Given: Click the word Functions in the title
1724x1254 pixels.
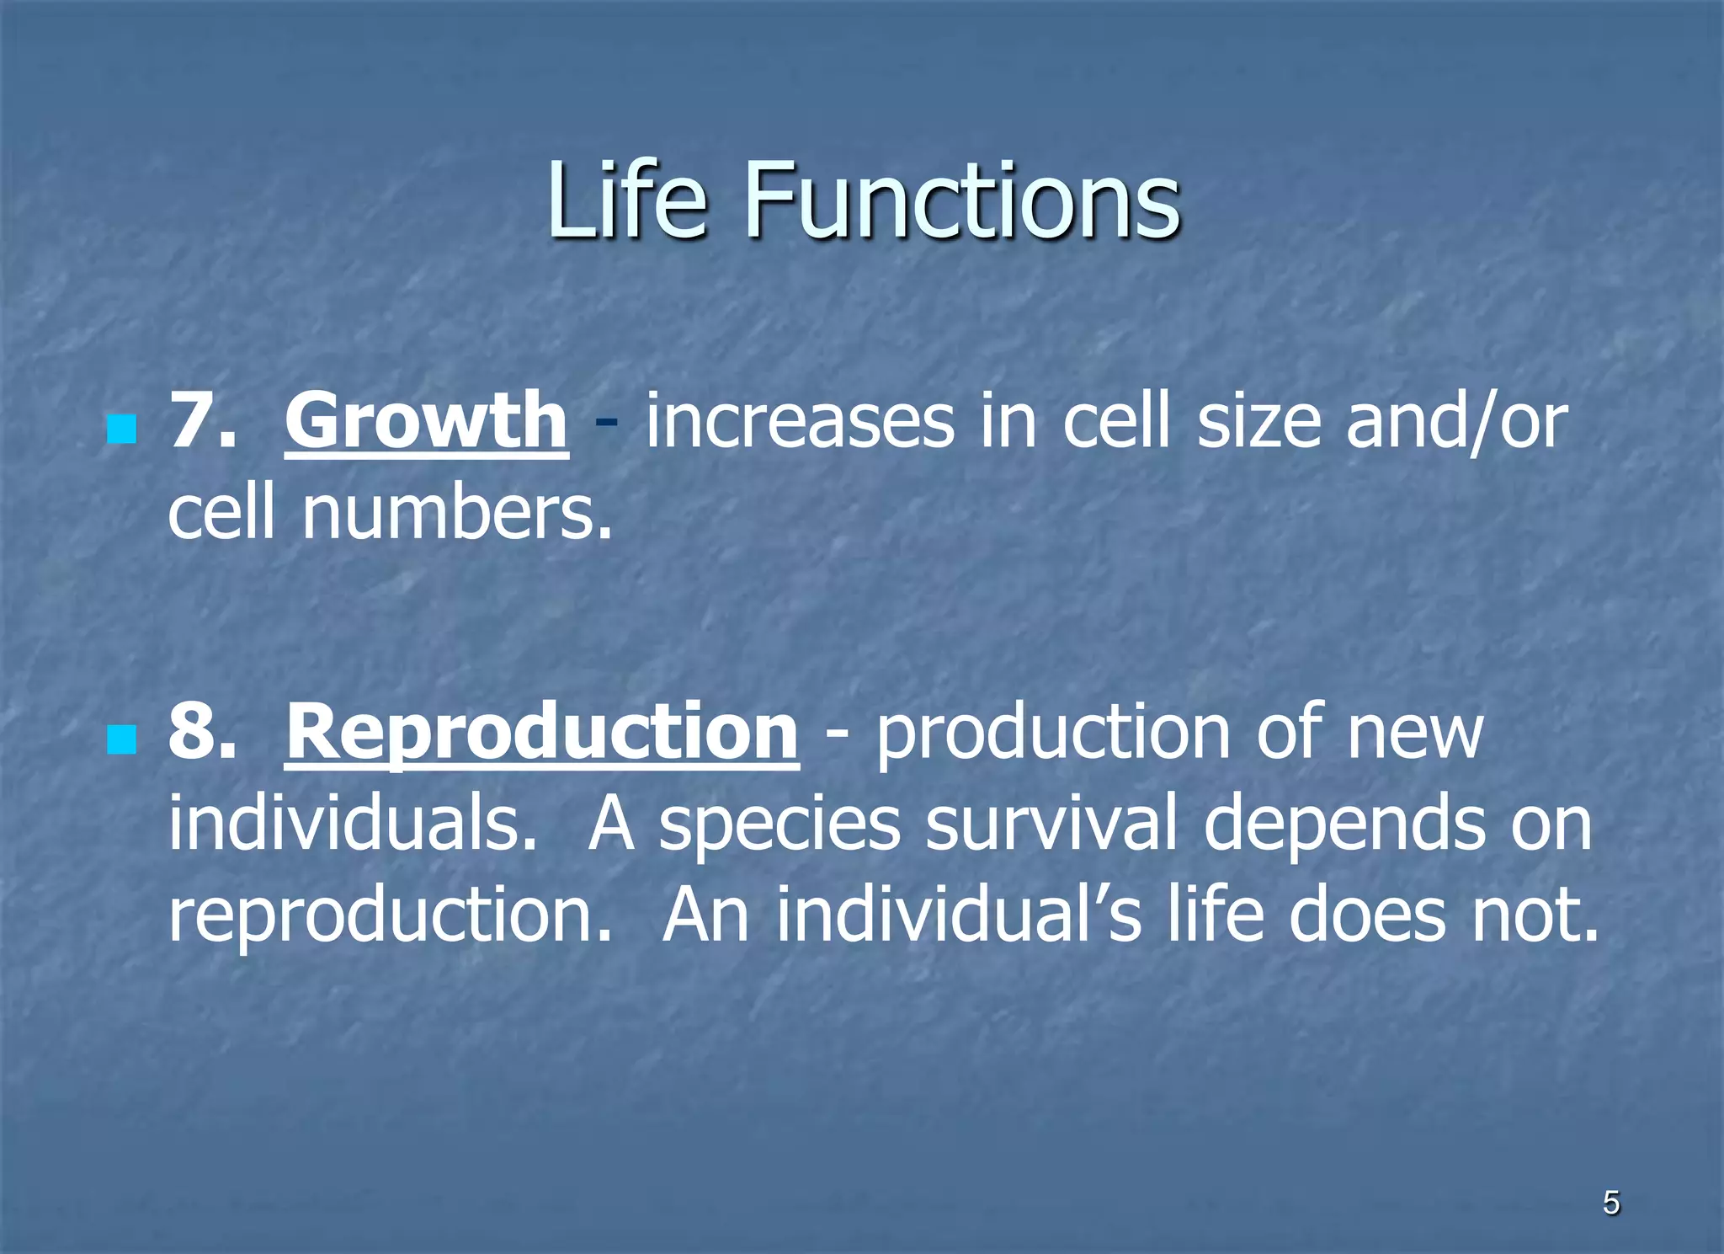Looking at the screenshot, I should click(x=961, y=200).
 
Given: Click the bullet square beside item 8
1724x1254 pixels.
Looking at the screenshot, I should click(x=122, y=740).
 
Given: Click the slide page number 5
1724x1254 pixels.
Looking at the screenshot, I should click(x=1611, y=1203).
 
